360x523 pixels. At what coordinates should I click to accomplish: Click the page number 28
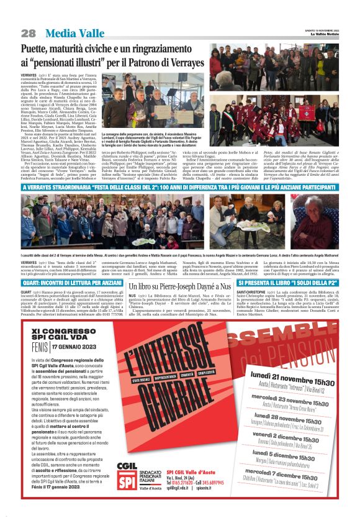[29, 33]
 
